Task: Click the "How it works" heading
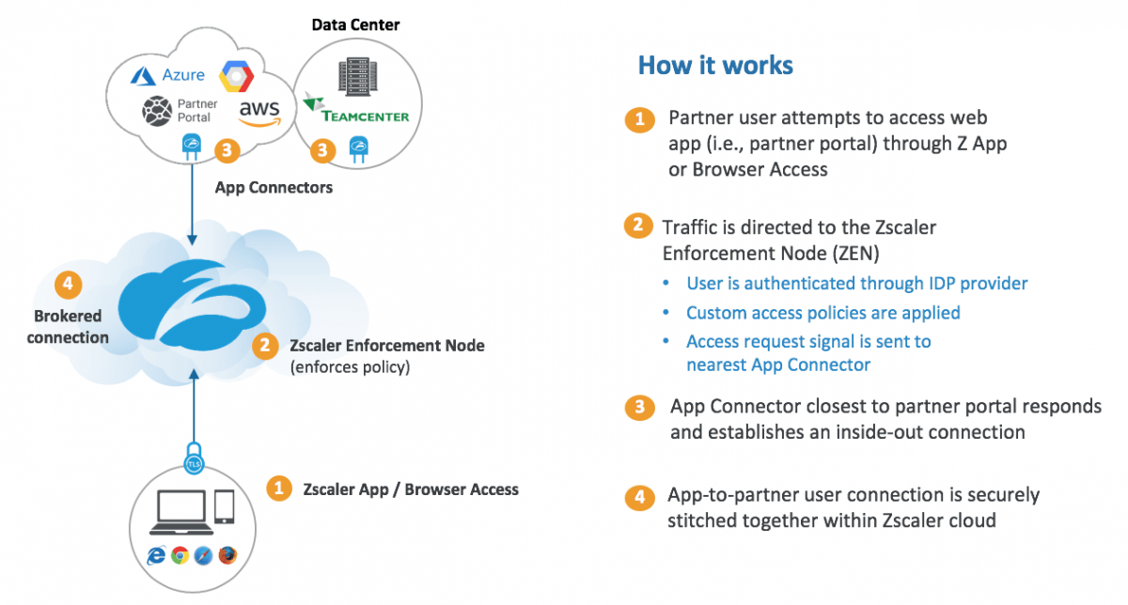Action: click(715, 65)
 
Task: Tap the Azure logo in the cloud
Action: click(168, 75)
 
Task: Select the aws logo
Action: click(258, 113)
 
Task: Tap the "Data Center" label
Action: click(355, 24)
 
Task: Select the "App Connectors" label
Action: click(274, 187)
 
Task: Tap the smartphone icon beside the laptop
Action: click(224, 507)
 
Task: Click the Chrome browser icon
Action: click(180, 555)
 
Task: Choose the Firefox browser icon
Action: click(227, 555)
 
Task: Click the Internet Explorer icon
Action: click(156, 555)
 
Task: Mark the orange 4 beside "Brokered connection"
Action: click(67, 282)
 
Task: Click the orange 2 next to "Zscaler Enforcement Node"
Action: click(266, 346)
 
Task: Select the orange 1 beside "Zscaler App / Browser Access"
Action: click(278, 489)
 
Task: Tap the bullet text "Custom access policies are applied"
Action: click(822, 312)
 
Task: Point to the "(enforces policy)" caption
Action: click(350, 367)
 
